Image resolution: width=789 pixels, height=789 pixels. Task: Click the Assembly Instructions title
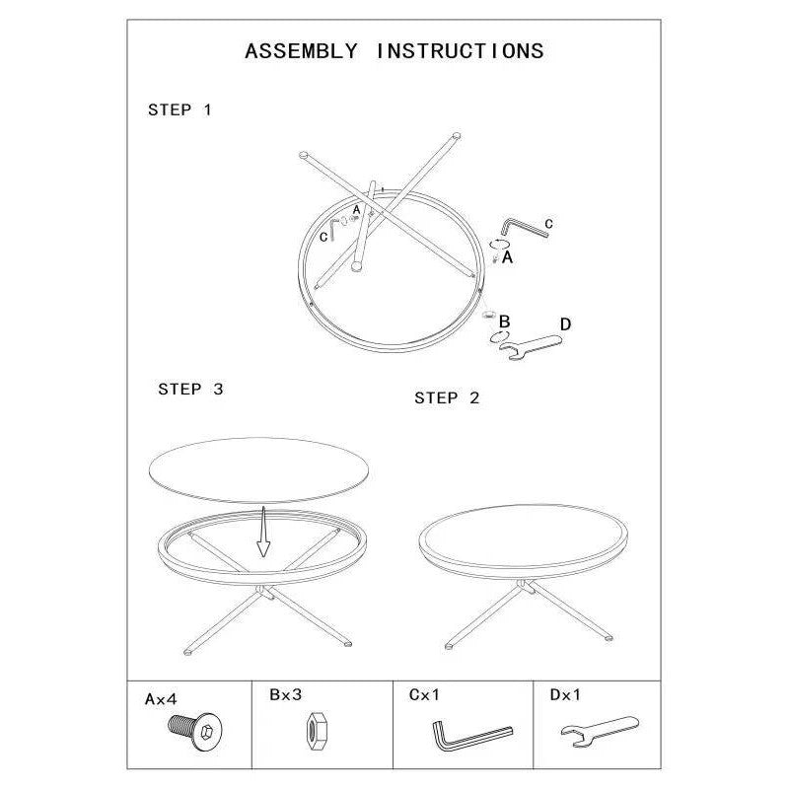[x=394, y=51]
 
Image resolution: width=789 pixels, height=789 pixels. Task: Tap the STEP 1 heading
[x=179, y=109]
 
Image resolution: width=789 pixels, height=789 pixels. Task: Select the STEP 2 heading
[x=447, y=398]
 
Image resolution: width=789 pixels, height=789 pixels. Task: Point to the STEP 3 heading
[x=190, y=389]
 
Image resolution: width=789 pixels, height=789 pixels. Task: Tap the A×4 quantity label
[x=161, y=699]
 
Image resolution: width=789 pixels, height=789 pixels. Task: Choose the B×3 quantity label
[x=285, y=694]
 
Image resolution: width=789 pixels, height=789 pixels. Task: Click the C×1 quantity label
[x=424, y=695]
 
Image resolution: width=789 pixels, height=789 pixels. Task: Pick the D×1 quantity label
[x=565, y=695]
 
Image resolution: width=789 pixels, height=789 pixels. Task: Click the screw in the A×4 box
[x=195, y=731]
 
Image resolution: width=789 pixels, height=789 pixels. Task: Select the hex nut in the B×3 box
[x=316, y=730]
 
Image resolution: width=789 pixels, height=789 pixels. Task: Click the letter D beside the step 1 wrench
[x=565, y=324]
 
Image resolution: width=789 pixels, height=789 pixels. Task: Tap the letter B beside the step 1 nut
[x=504, y=322]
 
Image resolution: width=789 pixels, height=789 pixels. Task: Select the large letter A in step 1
[x=507, y=257]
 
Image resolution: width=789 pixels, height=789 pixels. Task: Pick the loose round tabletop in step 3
[x=259, y=469]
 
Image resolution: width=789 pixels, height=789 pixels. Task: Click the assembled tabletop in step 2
[x=524, y=541]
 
